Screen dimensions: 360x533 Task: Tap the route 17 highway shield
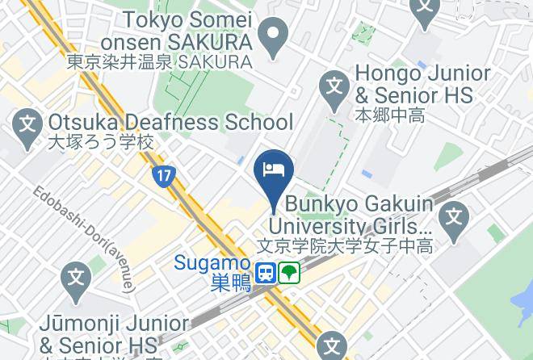[165, 174]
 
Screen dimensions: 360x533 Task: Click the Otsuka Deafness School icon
[28, 125]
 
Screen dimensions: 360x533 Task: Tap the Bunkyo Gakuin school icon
[455, 216]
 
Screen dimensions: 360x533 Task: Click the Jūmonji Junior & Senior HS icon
[75, 278]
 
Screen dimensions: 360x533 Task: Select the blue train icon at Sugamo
[265, 274]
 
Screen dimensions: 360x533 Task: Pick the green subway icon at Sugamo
[289, 274]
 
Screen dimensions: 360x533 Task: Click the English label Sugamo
[212, 262]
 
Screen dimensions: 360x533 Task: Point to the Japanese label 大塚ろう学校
[90, 144]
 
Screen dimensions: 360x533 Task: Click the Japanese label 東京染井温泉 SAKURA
[159, 61]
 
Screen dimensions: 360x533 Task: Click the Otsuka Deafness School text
[170, 123]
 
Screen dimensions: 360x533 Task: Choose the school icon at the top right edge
[423, 8]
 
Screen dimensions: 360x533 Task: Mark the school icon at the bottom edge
[332, 347]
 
